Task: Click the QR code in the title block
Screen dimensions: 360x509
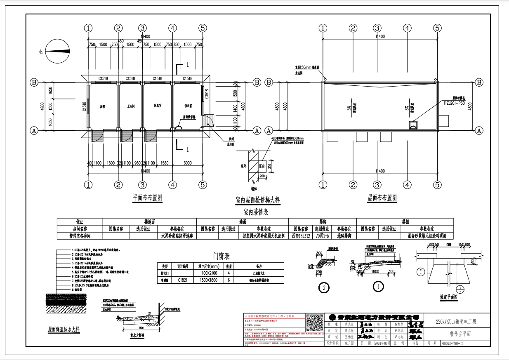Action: [x=315, y=322]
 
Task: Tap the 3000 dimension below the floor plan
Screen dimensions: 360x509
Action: [x=188, y=163]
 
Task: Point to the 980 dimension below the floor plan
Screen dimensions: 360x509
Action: [x=138, y=163]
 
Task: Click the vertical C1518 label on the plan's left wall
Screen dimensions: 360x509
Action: [x=84, y=107]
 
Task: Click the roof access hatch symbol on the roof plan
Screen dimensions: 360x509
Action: [x=413, y=125]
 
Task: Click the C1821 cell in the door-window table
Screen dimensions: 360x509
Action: [x=183, y=280]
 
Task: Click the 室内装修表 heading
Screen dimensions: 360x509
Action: [x=256, y=212]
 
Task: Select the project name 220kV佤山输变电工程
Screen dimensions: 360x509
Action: [x=456, y=322]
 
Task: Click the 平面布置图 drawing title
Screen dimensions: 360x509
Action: [x=147, y=198]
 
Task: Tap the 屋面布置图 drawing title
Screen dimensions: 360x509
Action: [x=382, y=198]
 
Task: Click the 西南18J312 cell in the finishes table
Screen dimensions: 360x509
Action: [x=301, y=236]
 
